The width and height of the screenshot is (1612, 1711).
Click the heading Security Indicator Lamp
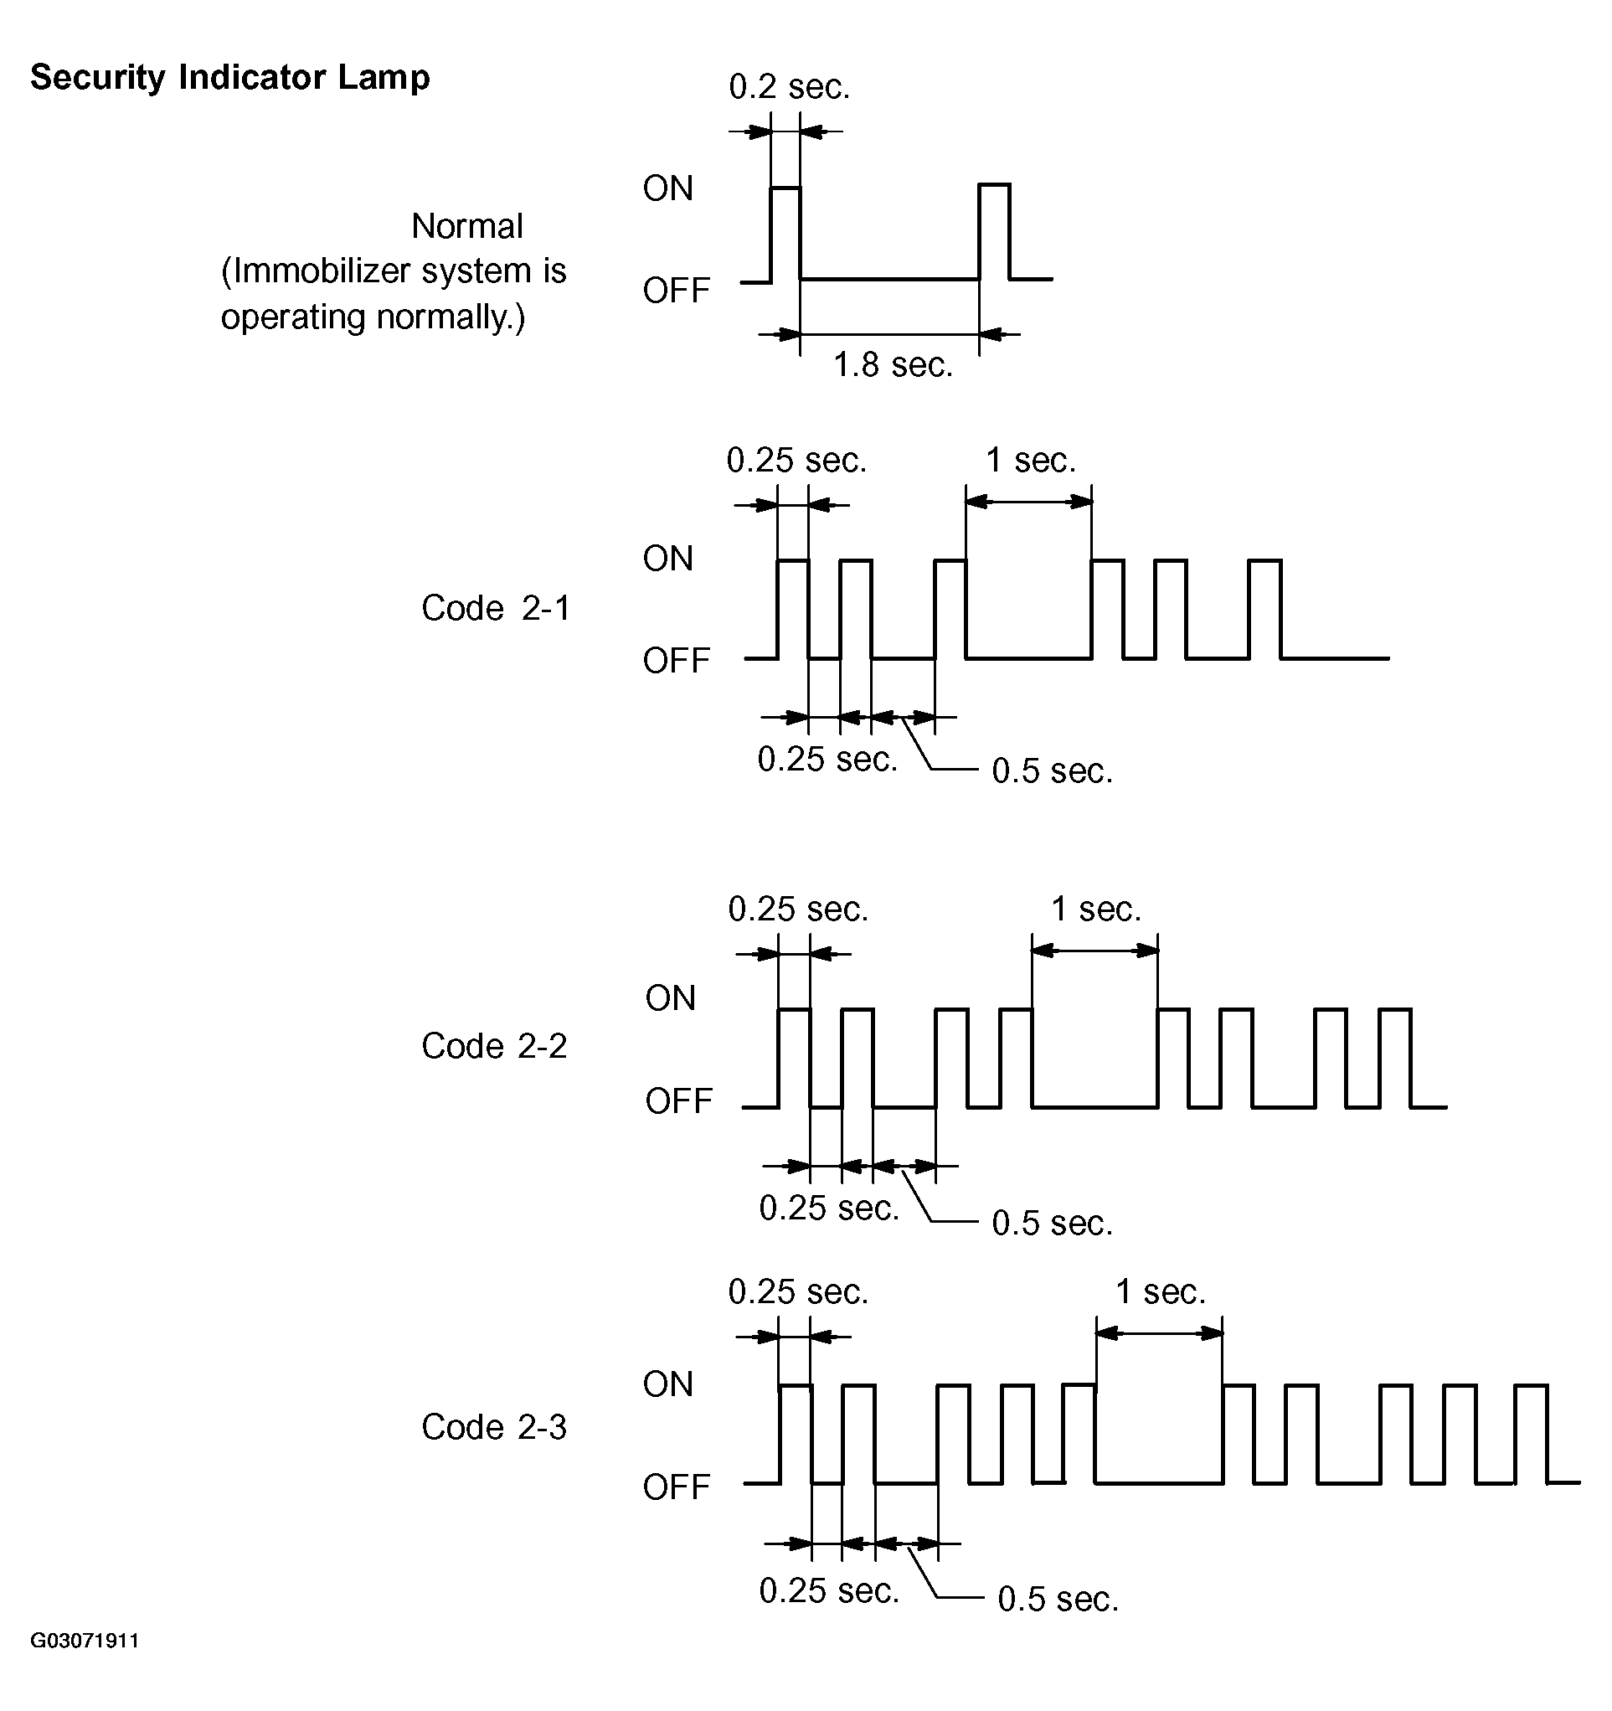click(x=229, y=77)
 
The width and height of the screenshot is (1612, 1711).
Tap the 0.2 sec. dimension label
click(x=789, y=86)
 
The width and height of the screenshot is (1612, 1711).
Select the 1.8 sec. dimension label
click(x=894, y=365)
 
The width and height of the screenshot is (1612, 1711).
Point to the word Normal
click(x=467, y=226)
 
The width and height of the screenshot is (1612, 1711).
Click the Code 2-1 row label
click(x=496, y=608)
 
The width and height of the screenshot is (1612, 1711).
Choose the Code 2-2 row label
click(x=495, y=1046)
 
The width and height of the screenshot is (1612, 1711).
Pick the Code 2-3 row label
click(x=495, y=1427)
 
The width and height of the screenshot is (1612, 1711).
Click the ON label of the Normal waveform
click(x=668, y=188)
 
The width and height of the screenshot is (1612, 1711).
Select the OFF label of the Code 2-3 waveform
click(x=677, y=1487)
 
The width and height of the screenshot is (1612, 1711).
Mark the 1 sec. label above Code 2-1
click(x=1031, y=461)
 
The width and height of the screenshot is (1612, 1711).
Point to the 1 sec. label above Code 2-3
click(x=1161, y=1291)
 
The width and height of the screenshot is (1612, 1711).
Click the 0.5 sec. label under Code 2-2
click(x=1053, y=1222)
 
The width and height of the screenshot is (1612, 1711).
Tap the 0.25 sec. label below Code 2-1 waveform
click(x=828, y=759)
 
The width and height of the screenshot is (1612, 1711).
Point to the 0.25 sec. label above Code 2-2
click(x=799, y=909)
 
